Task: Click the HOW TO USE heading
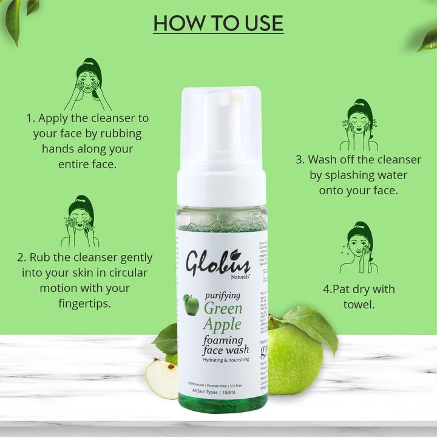tap(218, 23)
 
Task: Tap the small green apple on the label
tap(192, 305)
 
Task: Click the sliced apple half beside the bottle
tap(161, 378)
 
